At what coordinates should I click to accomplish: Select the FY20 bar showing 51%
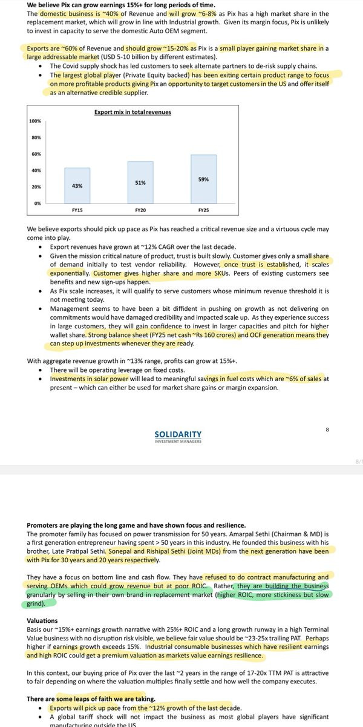(x=140, y=182)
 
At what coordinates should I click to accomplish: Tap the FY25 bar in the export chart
(x=203, y=179)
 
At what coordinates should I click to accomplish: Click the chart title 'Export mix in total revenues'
(x=132, y=112)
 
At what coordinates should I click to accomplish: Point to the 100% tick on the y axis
(x=35, y=122)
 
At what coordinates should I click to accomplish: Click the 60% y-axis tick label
(x=36, y=154)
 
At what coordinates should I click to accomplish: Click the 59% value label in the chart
(x=203, y=179)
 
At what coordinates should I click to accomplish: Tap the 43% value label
(x=77, y=186)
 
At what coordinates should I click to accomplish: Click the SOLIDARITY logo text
(x=178, y=434)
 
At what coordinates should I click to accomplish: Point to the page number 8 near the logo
(x=327, y=430)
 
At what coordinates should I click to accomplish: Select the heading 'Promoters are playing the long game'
(x=136, y=525)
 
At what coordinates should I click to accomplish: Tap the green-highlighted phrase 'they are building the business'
(x=283, y=586)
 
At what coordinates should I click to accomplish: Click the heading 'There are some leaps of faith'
(x=87, y=699)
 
